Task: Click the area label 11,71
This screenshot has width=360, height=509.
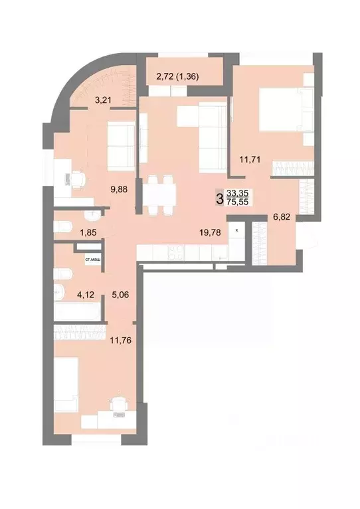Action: (251, 158)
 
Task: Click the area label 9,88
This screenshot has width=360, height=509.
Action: (122, 188)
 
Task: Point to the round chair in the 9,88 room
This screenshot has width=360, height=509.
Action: (77, 178)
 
